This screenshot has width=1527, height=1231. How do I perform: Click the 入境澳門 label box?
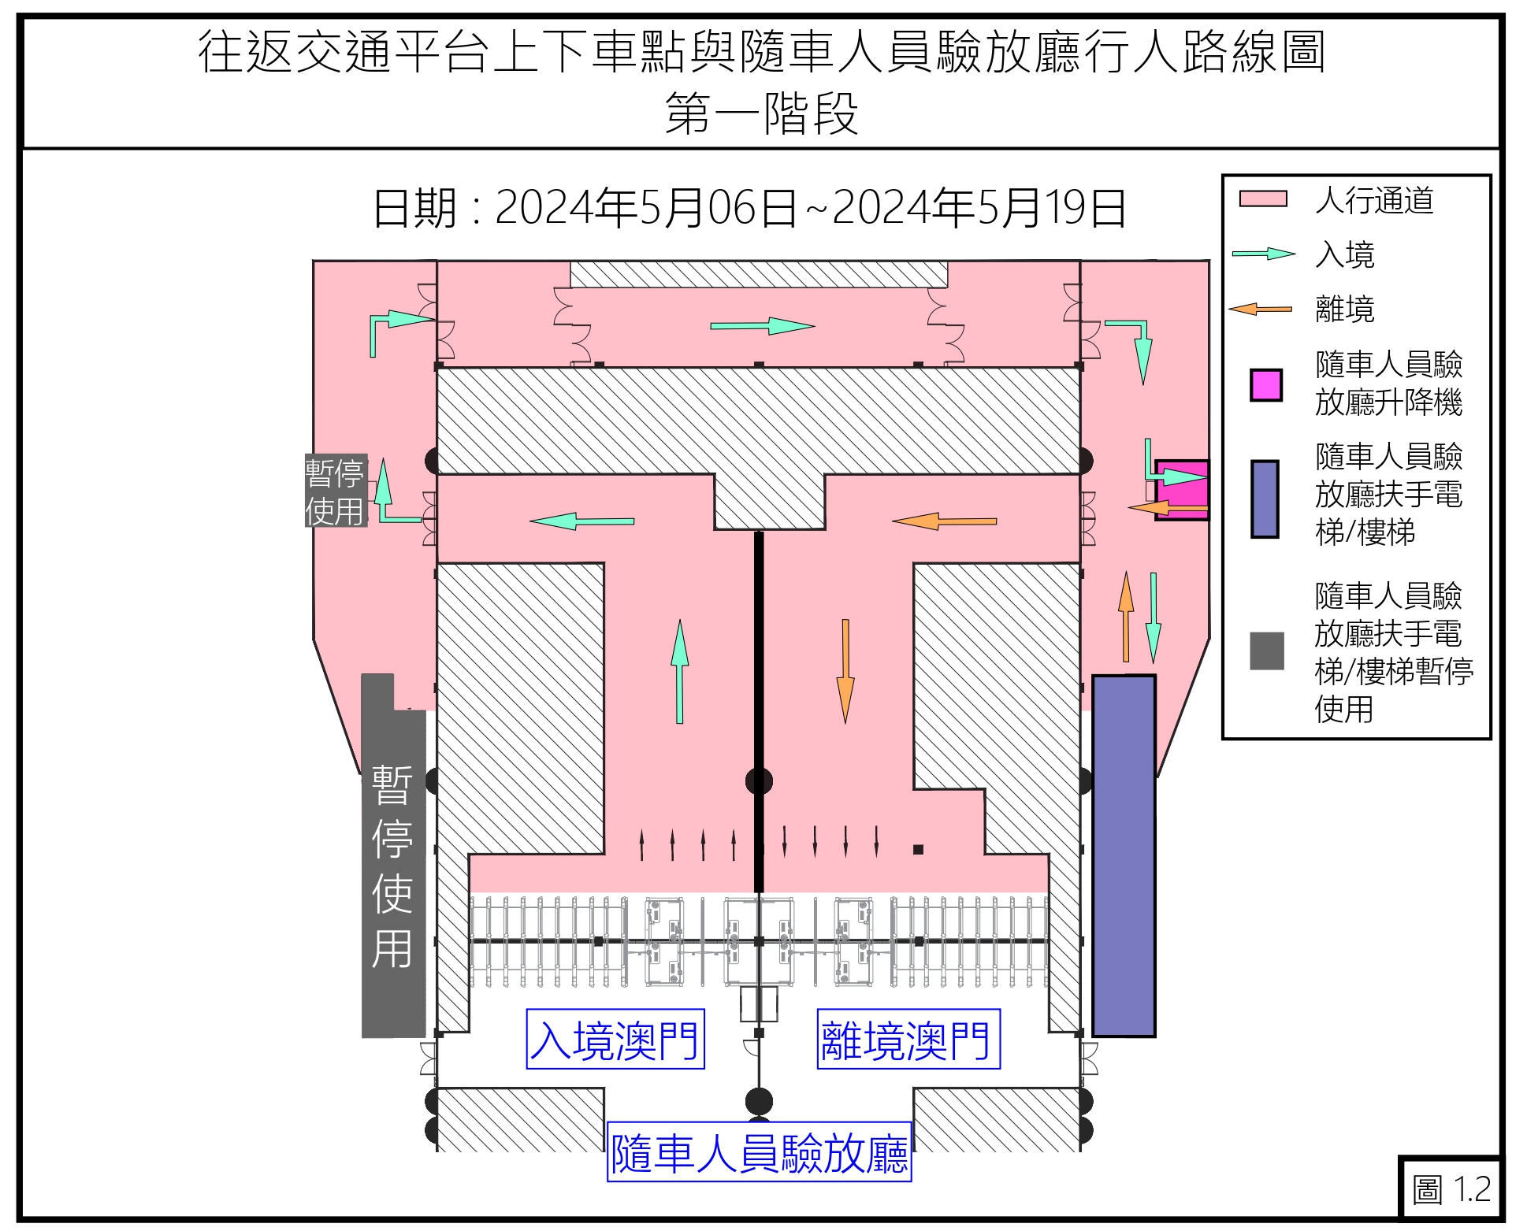pos(615,1039)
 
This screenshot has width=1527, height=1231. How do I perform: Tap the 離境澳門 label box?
pos(908,1039)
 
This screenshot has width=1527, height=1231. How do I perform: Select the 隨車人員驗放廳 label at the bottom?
pos(759,1152)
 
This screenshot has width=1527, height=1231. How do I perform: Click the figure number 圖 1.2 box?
pos(1451,1188)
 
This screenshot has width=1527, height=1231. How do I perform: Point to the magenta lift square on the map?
pos(1182,490)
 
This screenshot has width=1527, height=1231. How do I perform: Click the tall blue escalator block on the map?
pos(1124,855)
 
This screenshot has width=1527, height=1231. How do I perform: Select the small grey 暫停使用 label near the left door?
pos(336,491)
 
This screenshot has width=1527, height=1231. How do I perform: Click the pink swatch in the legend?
pos(1262,199)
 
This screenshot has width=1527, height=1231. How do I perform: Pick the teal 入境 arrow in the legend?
pos(1263,254)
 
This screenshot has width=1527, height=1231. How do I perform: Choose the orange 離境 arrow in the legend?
pos(1261,309)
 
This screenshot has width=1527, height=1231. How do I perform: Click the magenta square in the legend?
pos(1265,385)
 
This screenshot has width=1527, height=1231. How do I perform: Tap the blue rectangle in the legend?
pos(1265,499)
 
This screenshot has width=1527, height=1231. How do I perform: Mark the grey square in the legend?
pos(1266,651)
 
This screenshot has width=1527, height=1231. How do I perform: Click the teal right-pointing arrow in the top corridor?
pos(762,325)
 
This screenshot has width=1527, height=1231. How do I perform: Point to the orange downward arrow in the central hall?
pos(845,670)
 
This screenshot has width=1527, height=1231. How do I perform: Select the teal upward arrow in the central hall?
pos(679,670)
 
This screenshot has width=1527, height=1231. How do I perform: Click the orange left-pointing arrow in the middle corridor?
pos(944,521)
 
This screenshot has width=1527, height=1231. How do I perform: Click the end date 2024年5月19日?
pos(979,209)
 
